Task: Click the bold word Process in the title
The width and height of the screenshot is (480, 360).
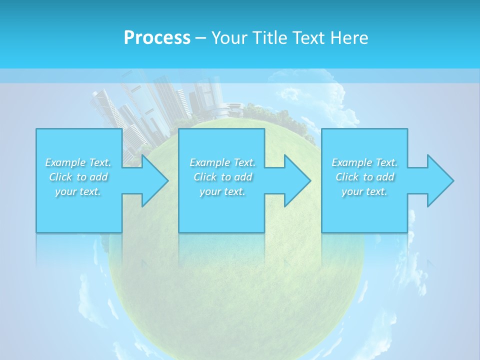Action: pos(157,38)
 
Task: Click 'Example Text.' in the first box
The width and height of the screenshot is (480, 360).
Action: pos(78,162)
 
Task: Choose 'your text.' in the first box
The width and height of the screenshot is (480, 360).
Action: pos(78,191)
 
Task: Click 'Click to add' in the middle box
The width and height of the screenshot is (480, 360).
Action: pos(222,177)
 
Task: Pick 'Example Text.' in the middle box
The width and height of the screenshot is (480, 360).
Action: pos(222,162)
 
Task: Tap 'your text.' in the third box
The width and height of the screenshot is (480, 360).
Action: pos(364,191)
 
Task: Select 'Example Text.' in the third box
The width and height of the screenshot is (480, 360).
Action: pos(364,162)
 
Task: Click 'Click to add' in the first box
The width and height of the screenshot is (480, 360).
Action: pos(78,177)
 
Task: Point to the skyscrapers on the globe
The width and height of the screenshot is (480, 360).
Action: pos(150,107)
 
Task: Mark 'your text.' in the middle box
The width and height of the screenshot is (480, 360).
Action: pos(222,191)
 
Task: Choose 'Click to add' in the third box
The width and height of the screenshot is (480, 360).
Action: pos(364,177)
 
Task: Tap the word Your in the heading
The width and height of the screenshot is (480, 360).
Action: pos(228,38)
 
